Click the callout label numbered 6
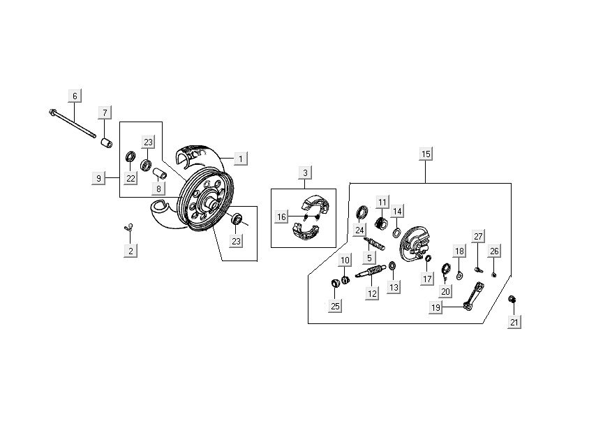pyautogui.click(x=75, y=95)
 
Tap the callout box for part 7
pyautogui.click(x=104, y=112)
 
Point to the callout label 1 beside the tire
pyautogui.click(x=240, y=159)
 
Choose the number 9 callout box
pyautogui.click(x=98, y=178)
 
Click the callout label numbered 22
pyautogui.click(x=131, y=178)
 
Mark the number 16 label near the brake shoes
pyautogui.click(x=281, y=217)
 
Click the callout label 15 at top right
pyautogui.click(x=426, y=154)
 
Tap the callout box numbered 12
pyautogui.click(x=372, y=294)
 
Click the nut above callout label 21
pyautogui.click(x=512, y=299)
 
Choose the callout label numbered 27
pyautogui.click(x=478, y=236)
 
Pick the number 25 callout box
pyautogui.click(x=336, y=306)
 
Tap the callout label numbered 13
pyautogui.click(x=394, y=287)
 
